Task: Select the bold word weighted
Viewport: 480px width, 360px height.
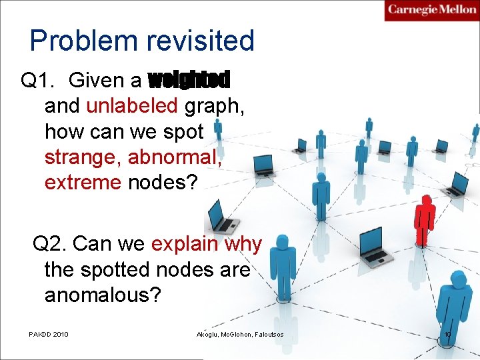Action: pyautogui.click(x=189, y=81)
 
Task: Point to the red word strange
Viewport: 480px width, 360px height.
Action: pyautogui.click(x=83, y=157)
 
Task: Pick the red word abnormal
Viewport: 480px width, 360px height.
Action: pyautogui.click(x=174, y=157)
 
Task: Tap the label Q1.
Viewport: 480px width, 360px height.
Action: pyautogui.click(x=38, y=81)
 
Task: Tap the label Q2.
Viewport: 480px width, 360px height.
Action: pyautogui.click(x=49, y=244)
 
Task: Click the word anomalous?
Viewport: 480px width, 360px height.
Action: pyautogui.click(x=103, y=295)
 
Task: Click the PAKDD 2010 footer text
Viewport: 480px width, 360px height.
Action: pyautogui.click(x=49, y=333)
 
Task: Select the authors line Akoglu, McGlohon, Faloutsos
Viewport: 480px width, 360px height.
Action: pyautogui.click(x=240, y=333)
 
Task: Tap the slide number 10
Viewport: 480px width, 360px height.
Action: pyautogui.click(x=447, y=333)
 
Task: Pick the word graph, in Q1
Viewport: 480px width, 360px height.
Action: pyautogui.click(x=215, y=106)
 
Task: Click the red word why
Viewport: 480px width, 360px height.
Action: pyautogui.click(x=243, y=245)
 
